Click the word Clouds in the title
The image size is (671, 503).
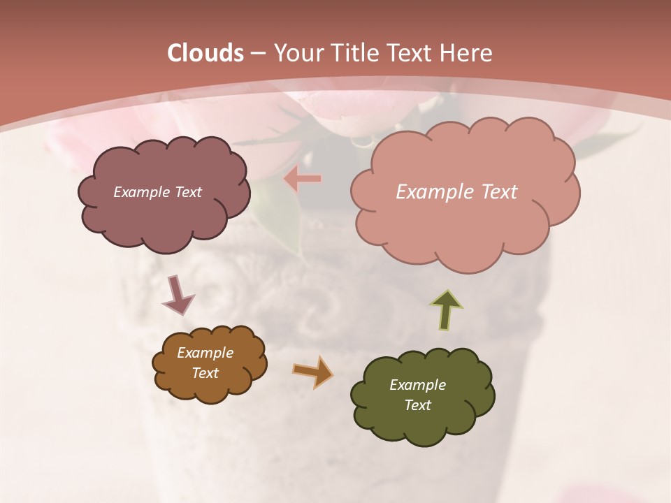point(205,53)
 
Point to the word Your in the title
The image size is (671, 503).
point(296,53)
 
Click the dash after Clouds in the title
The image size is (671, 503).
point(257,53)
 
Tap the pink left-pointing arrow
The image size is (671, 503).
point(303,180)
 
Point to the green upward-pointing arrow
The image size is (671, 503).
point(446,310)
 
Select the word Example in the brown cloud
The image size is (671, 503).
point(205,353)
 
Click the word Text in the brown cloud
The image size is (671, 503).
point(205,373)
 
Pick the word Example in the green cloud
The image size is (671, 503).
point(417,385)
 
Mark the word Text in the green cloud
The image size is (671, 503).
point(417,405)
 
